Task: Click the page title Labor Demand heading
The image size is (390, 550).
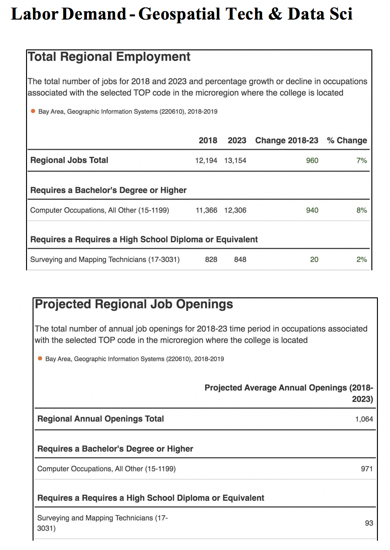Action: [x=181, y=14]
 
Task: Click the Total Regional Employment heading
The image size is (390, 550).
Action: [x=109, y=57]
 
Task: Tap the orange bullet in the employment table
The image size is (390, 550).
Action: [x=33, y=111]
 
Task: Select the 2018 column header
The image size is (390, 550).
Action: [x=208, y=140]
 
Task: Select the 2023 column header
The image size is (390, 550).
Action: [x=237, y=140]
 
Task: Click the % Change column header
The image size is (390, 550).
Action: [x=347, y=140]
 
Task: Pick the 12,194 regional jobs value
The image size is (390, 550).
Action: [x=206, y=160]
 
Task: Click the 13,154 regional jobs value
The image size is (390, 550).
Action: [x=235, y=160]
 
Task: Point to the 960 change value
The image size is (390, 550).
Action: [x=312, y=160]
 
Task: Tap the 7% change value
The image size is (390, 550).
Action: [x=362, y=160]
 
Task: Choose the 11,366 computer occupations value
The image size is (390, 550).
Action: [x=206, y=210]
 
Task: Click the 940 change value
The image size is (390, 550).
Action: [x=312, y=210]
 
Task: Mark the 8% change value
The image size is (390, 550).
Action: [x=362, y=210]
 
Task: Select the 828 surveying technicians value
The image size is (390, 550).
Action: [x=211, y=260]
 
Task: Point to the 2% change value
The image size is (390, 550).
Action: [x=362, y=260]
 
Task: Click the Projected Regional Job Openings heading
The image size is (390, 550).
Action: [x=134, y=304]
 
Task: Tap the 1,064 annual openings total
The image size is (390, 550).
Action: [x=364, y=419]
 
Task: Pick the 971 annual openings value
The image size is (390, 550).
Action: [x=367, y=468]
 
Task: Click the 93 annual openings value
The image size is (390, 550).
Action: [x=369, y=523]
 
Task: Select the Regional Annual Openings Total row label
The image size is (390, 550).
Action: [x=101, y=419]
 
